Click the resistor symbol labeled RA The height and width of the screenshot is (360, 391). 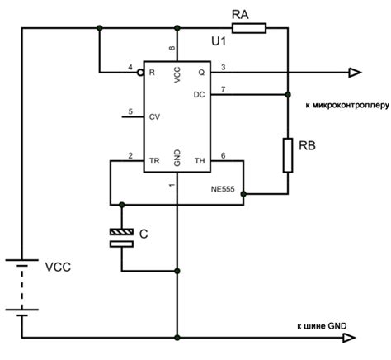[x=249, y=29]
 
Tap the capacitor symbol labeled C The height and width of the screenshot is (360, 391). [x=122, y=238]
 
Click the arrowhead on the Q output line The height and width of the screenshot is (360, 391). [x=353, y=73]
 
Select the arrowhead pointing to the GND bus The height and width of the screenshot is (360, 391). [x=353, y=337]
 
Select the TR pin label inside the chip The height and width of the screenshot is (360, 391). [x=153, y=160]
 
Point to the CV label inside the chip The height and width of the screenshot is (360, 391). [x=154, y=117]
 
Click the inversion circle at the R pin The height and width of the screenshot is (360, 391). [x=141, y=73]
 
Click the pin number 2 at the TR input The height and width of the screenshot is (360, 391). [x=130, y=154]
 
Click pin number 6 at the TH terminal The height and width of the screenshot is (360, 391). [x=222, y=154]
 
